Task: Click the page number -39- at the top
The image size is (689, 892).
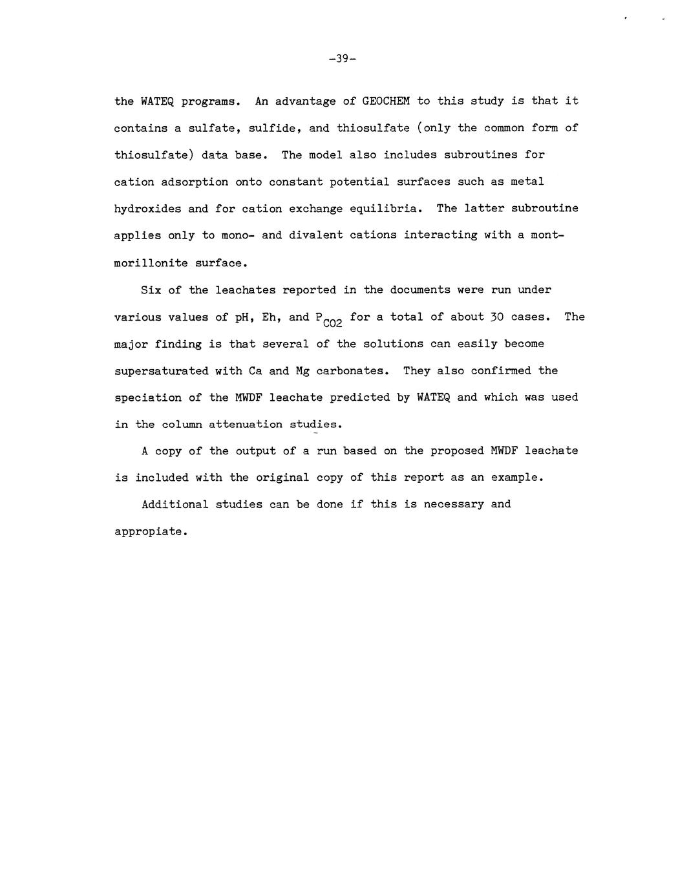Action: click(x=343, y=59)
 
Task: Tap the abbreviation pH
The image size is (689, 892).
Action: click(x=242, y=317)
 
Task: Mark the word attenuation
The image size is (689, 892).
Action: click(x=245, y=425)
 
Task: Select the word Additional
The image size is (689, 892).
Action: click(x=175, y=504)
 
